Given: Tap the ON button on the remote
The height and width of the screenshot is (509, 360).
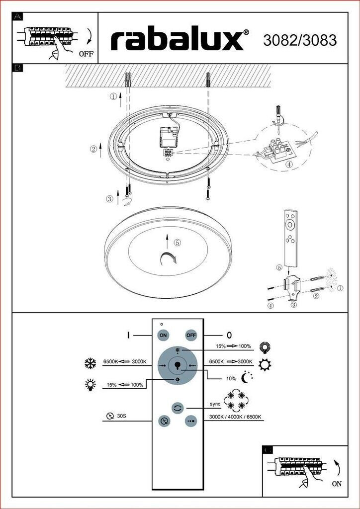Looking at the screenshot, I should pos(163,335).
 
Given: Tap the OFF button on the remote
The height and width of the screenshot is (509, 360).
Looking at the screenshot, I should pos(191,335).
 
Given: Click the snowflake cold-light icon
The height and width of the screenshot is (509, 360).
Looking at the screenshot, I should pos(90,363).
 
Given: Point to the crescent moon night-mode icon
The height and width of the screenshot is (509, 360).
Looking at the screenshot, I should pos(247,378).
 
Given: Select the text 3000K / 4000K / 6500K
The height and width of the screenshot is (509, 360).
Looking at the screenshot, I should pos(235,417).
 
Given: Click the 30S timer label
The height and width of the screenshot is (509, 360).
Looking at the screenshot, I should pos(121,416).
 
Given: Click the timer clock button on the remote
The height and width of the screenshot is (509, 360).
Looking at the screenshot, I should pos(164,421).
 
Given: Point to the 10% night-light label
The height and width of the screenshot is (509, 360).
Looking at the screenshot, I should pos(231,378).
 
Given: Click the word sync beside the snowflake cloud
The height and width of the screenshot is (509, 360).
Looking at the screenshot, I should pos(215,405).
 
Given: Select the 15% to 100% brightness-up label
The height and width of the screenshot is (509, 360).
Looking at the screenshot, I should pos(233,346).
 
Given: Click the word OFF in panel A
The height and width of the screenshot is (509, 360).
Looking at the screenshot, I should pos(86,54).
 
